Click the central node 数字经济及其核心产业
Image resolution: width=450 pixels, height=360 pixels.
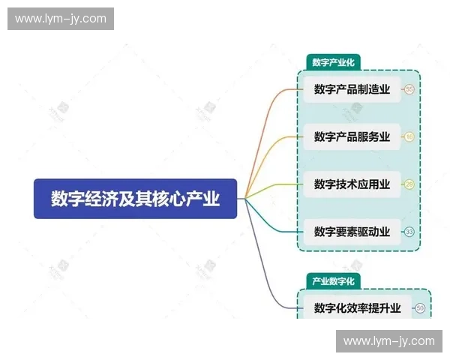pos(135,199)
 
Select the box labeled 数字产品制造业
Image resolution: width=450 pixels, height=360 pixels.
pos(352,90)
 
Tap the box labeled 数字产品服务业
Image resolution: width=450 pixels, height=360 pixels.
pos(352,136)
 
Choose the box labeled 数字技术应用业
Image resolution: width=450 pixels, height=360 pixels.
pos(352,184)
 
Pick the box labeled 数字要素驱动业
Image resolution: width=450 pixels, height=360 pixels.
pos(352,231)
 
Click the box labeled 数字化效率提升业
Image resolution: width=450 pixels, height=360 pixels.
pos(357,307)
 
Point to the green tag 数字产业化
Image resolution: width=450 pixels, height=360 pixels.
pos(334,62)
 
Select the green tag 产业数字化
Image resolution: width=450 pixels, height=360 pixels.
pos(334,280)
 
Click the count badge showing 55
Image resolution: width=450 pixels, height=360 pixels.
pos(409,90)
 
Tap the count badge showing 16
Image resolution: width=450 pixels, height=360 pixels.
pos(409,137)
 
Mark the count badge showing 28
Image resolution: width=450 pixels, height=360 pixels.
pos(409,184)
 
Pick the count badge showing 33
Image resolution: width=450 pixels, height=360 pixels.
pos(409,232)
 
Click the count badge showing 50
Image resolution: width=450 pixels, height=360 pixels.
pos(420,307)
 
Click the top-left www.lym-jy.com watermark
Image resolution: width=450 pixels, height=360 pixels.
pos(60,19)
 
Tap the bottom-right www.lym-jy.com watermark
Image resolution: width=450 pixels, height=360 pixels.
pos(389,341)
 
